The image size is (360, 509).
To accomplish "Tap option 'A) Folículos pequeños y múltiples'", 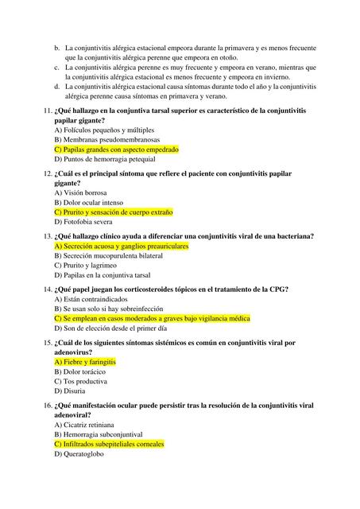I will pos(103,130).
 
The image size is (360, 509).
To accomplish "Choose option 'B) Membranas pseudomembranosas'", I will pos(106,139).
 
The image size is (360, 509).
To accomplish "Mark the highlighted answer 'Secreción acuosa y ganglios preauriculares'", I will pos(121,247).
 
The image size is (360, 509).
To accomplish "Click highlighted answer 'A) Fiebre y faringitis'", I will pos(85,362).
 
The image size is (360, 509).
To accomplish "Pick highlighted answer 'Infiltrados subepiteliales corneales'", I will pos(109,445).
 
